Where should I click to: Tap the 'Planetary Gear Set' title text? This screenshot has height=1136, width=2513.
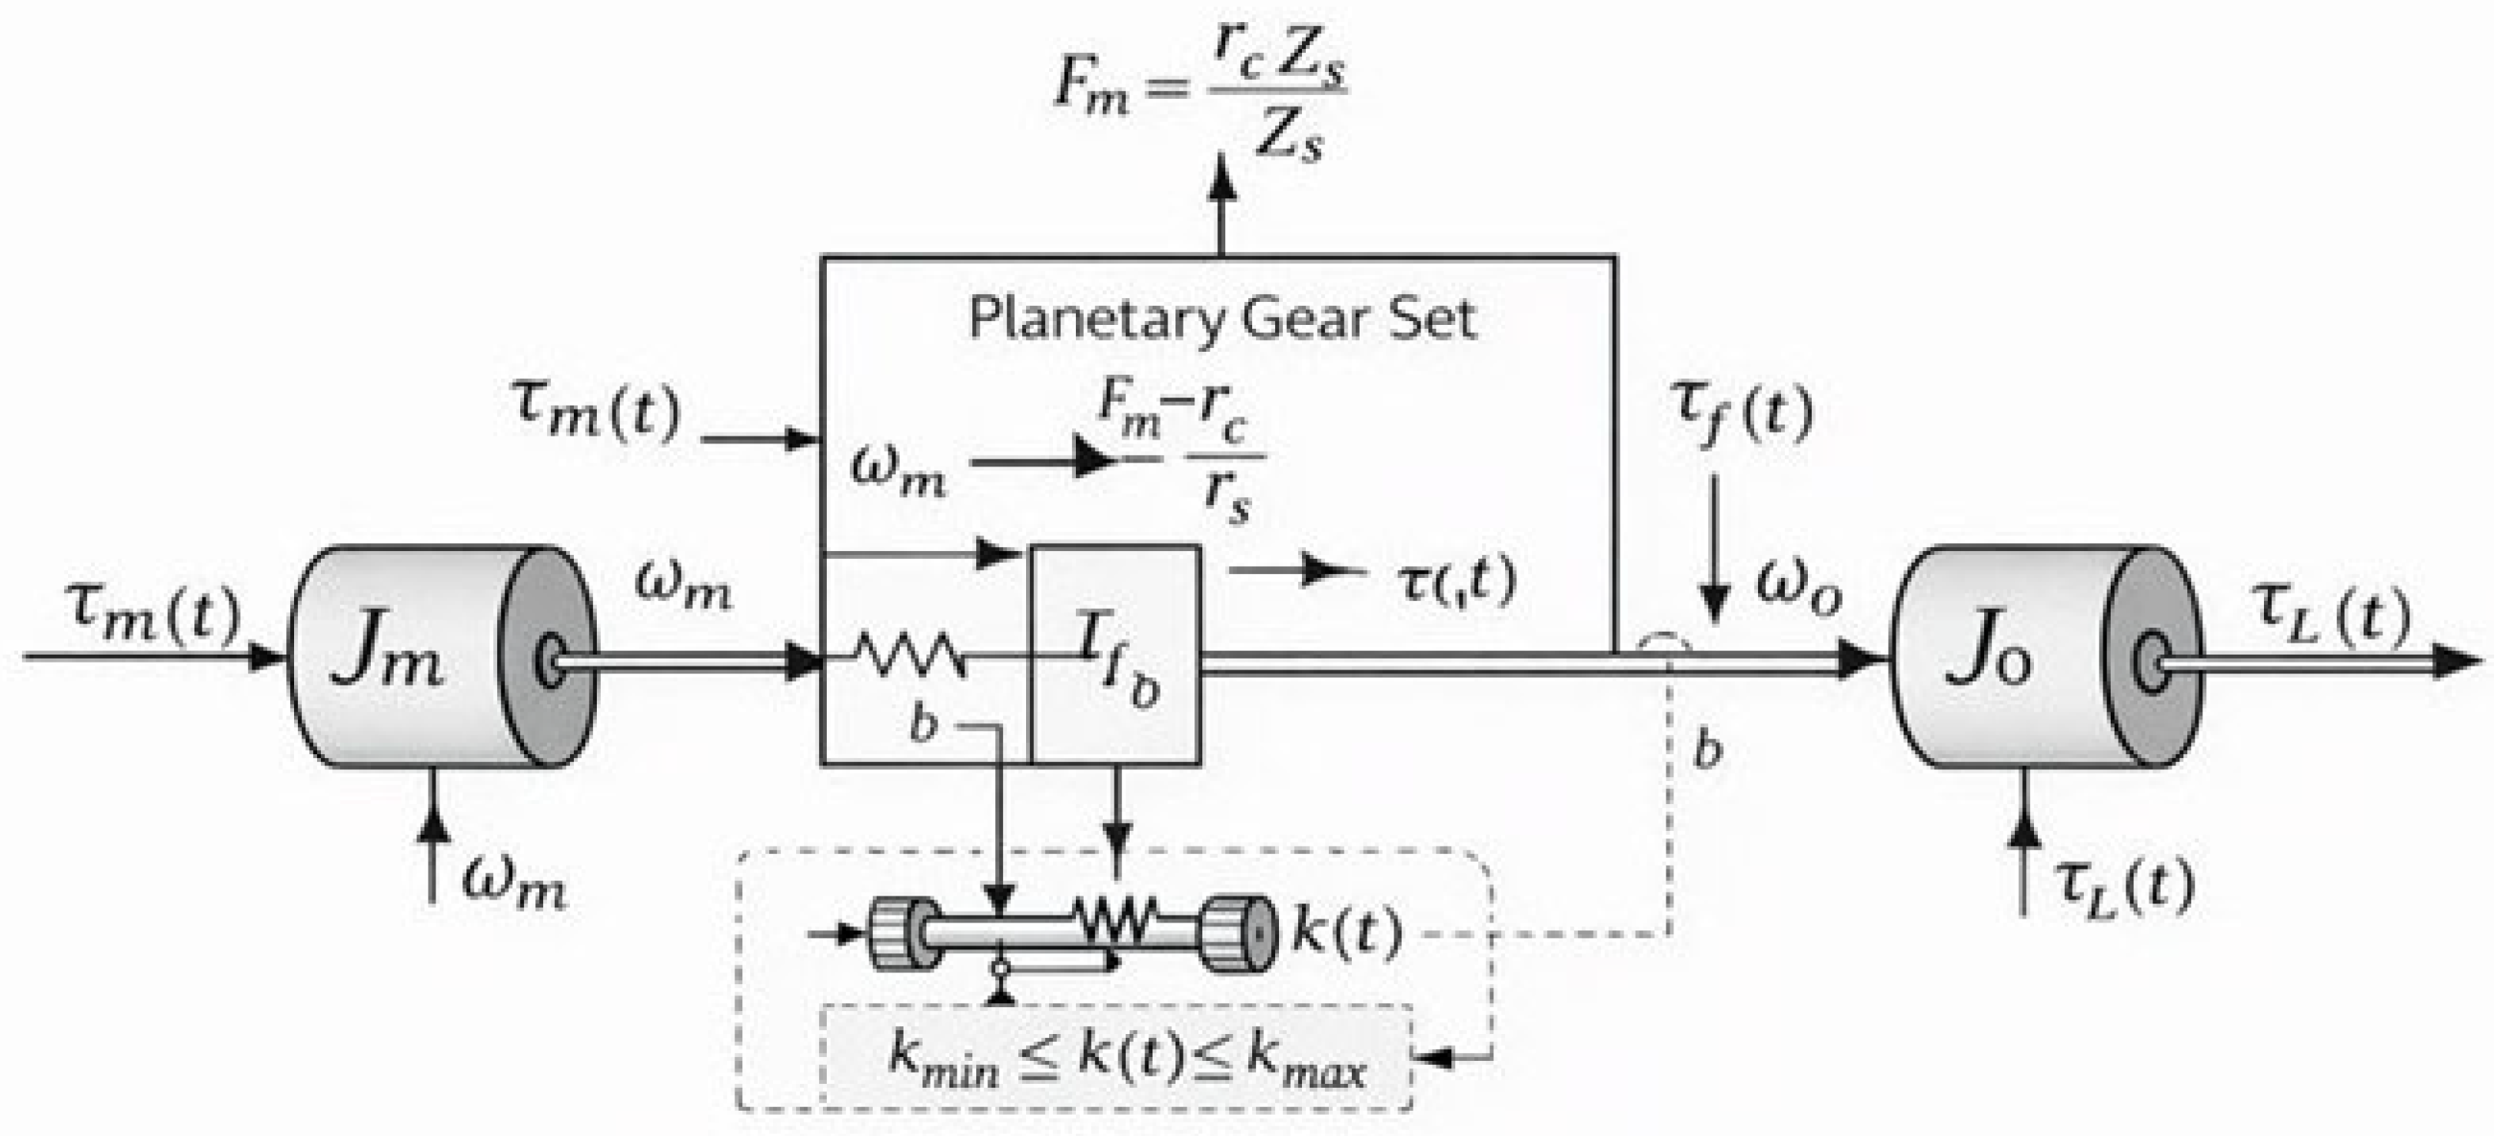[1221, 318]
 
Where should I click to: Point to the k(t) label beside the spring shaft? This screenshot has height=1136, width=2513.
[1346, 932]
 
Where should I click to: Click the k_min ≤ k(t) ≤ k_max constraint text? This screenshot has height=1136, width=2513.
[1126, 1058]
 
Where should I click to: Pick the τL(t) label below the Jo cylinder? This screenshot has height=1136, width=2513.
[2122, 886]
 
